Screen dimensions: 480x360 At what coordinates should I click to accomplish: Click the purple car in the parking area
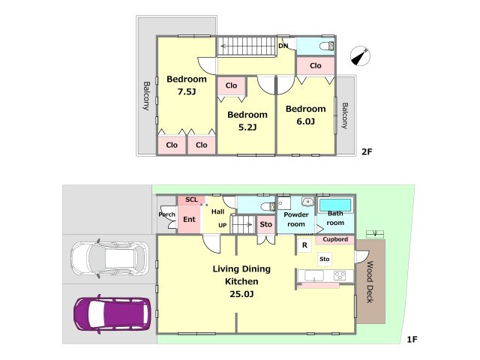coord(112,313)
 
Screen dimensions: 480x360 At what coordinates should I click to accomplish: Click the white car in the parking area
coord(109,258)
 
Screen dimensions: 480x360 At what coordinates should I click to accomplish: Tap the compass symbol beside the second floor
coord(360,56)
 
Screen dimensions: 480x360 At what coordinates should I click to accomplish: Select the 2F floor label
coord(367,151)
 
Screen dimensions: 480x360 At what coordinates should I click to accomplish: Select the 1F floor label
coord(412,339)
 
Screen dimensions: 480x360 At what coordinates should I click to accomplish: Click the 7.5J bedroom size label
coord(187,91)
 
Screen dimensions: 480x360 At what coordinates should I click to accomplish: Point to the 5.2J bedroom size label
coord(247,127)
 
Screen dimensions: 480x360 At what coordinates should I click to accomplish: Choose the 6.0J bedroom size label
coord(305,121)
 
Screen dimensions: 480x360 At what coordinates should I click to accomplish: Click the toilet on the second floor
coord(327,46)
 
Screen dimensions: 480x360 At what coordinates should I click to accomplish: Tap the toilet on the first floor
coord(269,207)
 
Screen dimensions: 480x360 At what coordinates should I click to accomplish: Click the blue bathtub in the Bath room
coord(335,205)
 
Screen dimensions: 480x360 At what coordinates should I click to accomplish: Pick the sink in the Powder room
coord(307,202)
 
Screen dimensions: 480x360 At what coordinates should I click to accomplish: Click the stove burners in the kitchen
coord(340,275)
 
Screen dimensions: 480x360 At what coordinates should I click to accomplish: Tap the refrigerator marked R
coord(304,245)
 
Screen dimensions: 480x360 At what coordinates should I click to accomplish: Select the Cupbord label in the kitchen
coord(335,239)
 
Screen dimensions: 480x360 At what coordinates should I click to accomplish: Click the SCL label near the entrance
coord(192,200)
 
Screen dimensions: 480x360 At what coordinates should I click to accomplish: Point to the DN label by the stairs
coord(283,46)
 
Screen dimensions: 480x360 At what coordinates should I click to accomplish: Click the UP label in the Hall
coord(223,225)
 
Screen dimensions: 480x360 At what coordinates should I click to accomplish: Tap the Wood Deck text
coord(370,282)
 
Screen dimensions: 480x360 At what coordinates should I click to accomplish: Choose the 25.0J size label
coord(241,294)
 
